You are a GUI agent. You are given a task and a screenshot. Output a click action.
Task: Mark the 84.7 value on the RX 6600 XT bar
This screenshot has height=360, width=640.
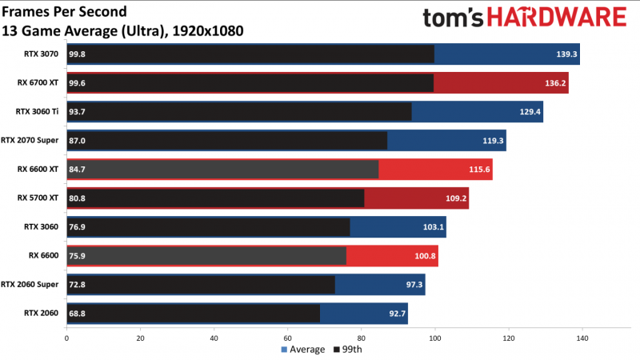[78, 170]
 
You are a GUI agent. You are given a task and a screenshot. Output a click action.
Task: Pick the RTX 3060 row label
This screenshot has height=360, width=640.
[43, 227]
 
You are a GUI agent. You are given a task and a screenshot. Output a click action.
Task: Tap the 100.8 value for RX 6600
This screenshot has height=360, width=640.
[425, 256]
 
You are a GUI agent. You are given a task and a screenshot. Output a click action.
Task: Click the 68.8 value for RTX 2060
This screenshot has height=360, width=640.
[78, 313]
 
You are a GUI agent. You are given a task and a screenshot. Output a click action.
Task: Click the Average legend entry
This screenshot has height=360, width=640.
[303, 350]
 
